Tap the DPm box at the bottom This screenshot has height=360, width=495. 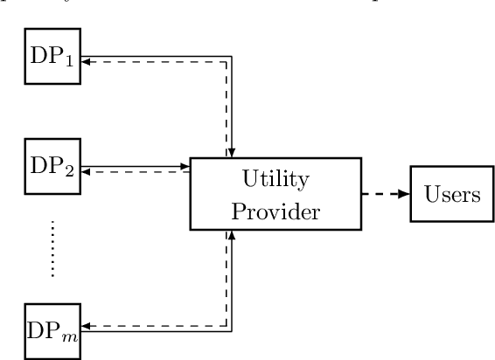tap(52, 329)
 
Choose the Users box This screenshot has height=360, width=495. tap(451, 195)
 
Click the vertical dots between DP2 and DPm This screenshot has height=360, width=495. tap(52, 248)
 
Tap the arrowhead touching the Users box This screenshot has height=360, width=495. tap(405, 195)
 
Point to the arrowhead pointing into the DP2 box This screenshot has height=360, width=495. tap(85, 170)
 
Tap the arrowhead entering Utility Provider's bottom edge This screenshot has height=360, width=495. tap(233, 236)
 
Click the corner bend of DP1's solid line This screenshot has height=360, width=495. tap(233, 56)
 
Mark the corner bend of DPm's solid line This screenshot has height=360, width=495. tap(233, 330)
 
